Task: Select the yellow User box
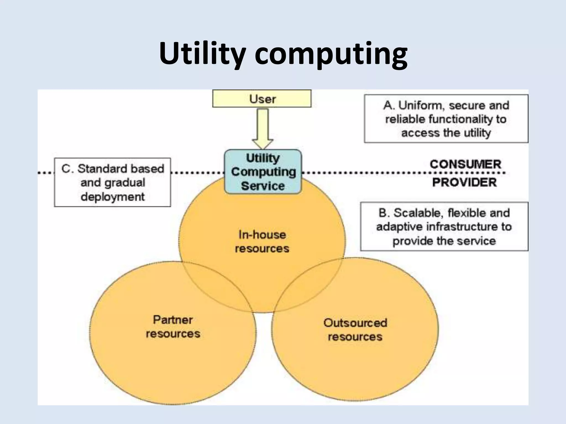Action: pos(262,99)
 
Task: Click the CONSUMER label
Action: pos(465,165)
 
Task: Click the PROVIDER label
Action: pos(465,182)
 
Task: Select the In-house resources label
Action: pos(262,242)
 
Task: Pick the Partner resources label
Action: pos(173,327)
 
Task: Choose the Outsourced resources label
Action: pos(355,330)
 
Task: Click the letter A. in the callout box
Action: pos(389,105)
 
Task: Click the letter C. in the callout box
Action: pos(67,169)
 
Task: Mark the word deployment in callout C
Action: pos(112,197)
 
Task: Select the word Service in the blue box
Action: pos(263,186)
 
